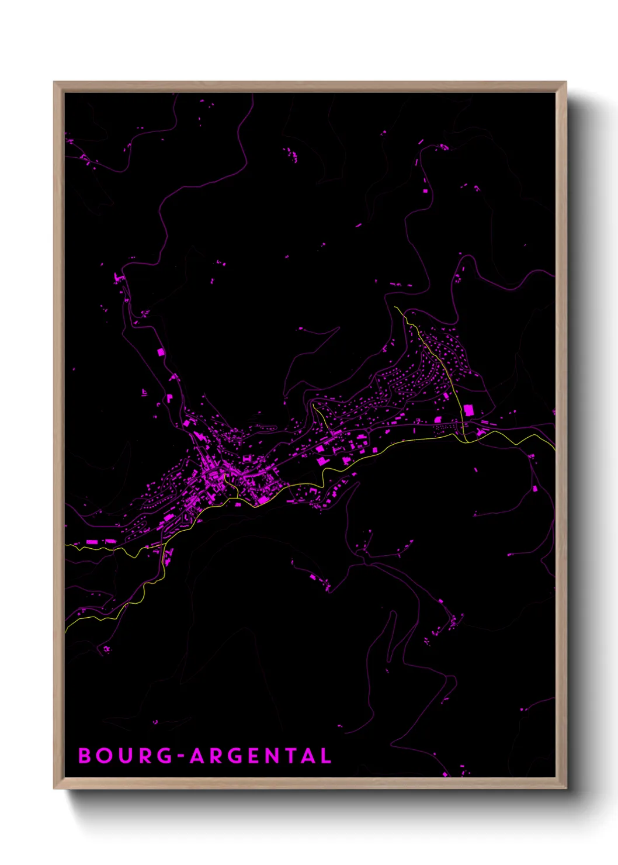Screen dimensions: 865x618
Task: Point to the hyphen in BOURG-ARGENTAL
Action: click(181, 756)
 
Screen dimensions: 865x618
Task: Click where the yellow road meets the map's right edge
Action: click(554, 449)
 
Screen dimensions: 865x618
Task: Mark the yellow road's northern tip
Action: click(395, 307)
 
